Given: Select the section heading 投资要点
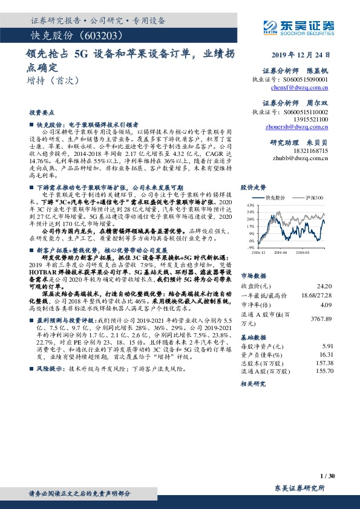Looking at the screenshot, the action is pyautogui.click(x=41, y=112).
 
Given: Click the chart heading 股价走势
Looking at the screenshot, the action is pyautogui.click(x=254, y=187).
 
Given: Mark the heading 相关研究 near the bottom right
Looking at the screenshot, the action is pyautogui.click(x=254, y=383).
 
